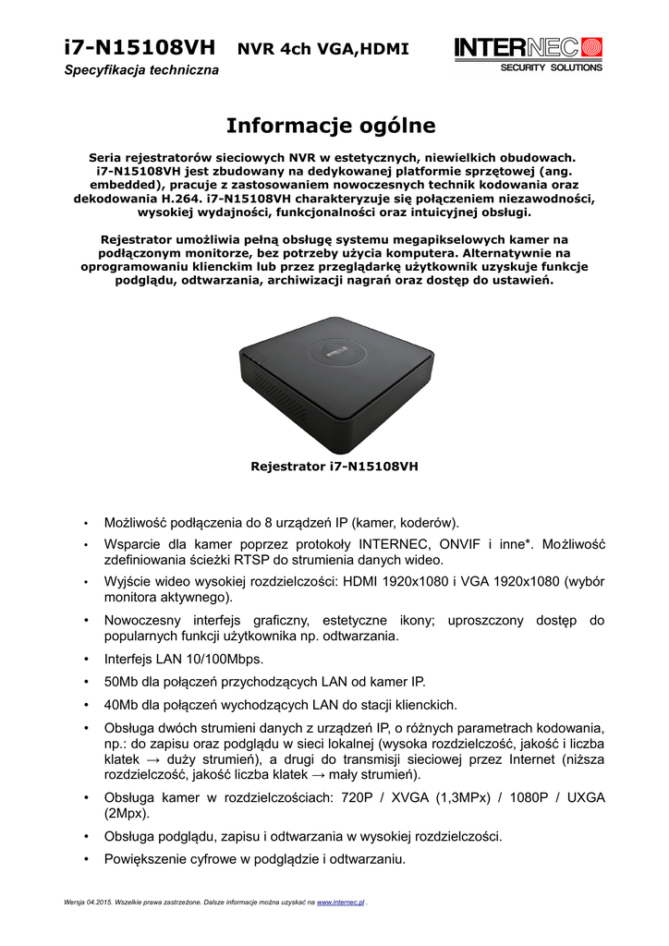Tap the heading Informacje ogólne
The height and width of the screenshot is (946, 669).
point(331,125)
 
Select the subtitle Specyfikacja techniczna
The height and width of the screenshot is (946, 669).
point(141,71)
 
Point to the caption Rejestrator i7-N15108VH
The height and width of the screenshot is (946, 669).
point(334,467)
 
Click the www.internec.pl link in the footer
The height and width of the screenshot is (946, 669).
point(341,901)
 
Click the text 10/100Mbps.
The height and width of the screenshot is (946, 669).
point(225,659)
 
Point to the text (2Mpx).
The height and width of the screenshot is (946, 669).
point(127,814)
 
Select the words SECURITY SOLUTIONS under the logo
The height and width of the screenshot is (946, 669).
point(551,67)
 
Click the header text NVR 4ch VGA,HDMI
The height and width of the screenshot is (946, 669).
point(322,49)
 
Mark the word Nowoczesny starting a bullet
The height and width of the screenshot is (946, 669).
point(146,620)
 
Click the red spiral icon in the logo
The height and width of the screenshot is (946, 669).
point(591,47)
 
